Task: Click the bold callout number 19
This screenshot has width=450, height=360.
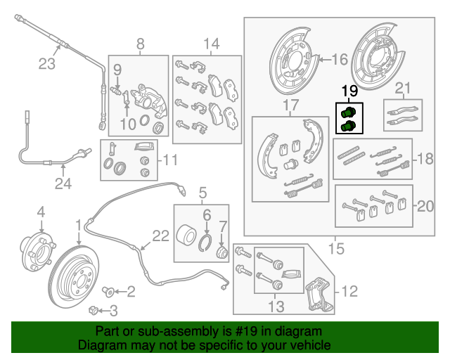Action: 349,91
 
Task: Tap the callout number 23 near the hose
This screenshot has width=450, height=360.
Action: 46,65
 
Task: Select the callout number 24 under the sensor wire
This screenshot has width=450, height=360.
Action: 63,184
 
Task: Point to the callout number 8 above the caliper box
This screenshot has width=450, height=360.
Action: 140,44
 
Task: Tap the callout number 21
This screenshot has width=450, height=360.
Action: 401,88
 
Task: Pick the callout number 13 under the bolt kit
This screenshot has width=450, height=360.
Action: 276,306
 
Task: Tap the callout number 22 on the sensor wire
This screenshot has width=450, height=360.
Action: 161,236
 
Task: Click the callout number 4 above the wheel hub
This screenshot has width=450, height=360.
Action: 41,212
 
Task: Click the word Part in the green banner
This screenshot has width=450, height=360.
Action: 108,330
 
